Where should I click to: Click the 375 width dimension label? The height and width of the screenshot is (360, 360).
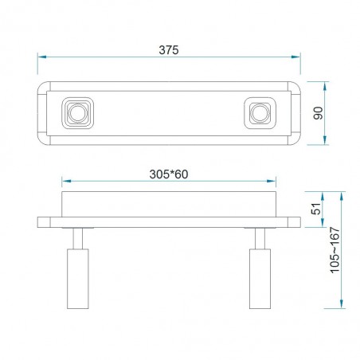(168, 49)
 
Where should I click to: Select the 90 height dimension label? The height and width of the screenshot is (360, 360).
(317, 113)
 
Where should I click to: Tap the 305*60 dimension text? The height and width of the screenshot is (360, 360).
(168, 174)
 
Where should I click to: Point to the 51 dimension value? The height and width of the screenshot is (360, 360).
(315, 209)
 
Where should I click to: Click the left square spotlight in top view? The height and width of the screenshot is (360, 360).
(77, 113)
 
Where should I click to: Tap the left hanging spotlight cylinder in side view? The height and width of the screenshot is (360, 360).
(77, 278)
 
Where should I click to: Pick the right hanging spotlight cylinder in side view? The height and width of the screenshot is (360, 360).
(260, 278)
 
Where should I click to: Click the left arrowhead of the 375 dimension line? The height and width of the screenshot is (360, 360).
(41, 57)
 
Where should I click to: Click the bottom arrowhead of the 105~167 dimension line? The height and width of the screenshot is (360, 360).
(341, 305)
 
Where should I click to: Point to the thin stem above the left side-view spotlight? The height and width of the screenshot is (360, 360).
(77, 237)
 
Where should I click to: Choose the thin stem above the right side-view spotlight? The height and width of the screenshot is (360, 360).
(260, 237)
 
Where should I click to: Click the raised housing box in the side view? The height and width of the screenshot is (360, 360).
(169, 204)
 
